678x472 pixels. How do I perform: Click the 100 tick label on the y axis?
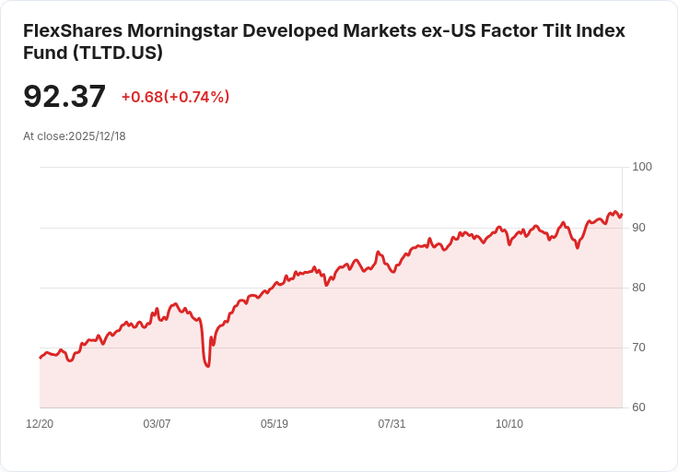click(642, 167)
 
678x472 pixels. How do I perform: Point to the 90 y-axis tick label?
click(638, 227)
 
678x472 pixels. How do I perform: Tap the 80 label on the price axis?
click(638, 288)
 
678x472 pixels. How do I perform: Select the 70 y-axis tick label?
click(638, 347)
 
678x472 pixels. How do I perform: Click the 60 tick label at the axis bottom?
click(638, 407)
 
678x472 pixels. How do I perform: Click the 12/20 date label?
click(40, 423)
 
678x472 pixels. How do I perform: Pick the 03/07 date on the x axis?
click(157, 423)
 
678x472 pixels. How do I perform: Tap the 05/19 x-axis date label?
click(275, 423)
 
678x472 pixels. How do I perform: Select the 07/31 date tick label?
click(392, 423)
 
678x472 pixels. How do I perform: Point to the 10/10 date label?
click(508, 423)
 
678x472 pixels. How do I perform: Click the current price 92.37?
click(64, 96)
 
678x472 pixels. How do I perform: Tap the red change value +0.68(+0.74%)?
click(176, 97)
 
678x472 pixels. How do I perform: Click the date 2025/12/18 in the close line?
click(97, 136)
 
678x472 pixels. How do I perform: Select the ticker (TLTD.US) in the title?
click(118, 53)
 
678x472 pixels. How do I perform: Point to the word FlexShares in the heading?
click(73, 30)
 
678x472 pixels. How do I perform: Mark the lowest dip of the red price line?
click(208, 366)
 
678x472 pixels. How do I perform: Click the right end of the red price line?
click(622, 214)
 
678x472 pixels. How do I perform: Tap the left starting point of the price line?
click(41, 358)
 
